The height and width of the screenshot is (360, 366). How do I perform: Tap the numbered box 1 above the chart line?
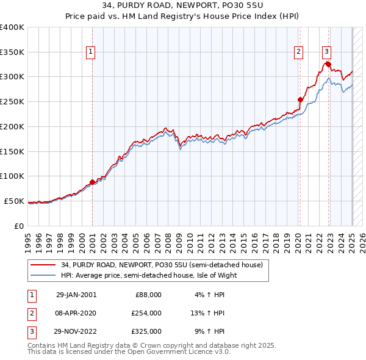click(90, 52)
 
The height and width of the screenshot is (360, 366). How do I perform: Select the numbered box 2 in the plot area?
click(299, 52)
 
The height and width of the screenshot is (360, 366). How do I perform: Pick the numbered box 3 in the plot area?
click(327, 52)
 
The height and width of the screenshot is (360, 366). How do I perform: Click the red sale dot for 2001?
click(92, 181)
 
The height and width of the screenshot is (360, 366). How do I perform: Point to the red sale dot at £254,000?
click(300, 99)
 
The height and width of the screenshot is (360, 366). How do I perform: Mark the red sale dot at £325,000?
click(328, 64)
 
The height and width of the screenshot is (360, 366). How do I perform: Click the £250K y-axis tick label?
click(12, 101)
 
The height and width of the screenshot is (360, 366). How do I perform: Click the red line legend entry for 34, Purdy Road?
click(162, 265)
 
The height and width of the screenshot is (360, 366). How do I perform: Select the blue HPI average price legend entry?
click(148, 275)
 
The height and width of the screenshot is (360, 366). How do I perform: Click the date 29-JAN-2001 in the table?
click(76, 295)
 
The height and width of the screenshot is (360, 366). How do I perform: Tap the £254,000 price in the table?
click(146, 313)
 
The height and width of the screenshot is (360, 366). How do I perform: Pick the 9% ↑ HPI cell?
click(210, 331)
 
